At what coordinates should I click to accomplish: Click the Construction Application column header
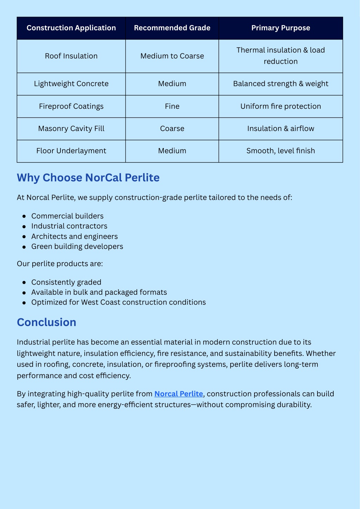click(x=71, y=28)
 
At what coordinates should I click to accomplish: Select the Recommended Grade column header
click(x=172, y=28)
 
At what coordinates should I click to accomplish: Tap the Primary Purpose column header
click(x=281, y=28)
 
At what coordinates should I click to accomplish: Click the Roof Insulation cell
click(x=71, y=56)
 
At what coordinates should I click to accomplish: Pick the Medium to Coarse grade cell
click(x=172, y=56)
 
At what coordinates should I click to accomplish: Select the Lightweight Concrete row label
click(x=71, y=84)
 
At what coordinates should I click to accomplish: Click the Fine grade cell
click(x=172, y=106)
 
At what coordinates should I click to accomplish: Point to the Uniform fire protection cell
click(x=281, y=106)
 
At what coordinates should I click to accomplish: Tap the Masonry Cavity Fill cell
click(x=71, y=128)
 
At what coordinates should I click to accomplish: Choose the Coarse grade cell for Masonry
click(x=172, y=128)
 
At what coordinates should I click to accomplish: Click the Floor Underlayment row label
click(x=71, y=151)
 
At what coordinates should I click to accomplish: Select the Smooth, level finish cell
click(x=281, y=151)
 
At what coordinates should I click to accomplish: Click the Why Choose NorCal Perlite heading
click(x=88, y=178)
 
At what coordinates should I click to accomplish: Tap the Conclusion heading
click(x=46, y=322)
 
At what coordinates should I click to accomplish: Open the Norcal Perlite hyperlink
click(x=179, y=394)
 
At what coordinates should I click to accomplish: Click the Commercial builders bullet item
click(x=67, y=216)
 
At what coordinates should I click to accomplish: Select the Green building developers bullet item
click(x=77, y=247)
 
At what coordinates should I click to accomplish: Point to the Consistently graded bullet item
click(x=66, y=282)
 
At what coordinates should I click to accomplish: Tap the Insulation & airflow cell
click(x=281, y=128)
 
